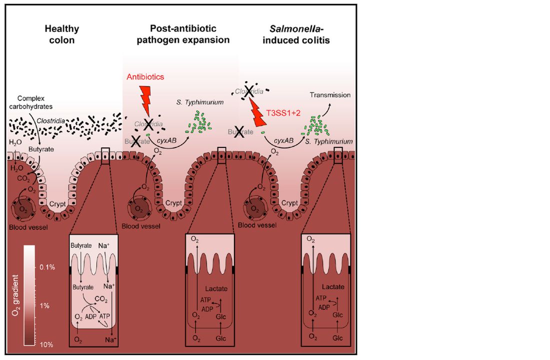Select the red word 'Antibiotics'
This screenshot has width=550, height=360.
pyautogui.click(x=145, y=77)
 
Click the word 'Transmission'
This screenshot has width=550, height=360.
pyautogui.click(x=330, y=94)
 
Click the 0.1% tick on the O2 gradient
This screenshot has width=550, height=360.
pyautogui.click(x=47, y=267)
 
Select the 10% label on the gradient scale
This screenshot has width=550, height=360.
pyautogui.click(x=46, y=344)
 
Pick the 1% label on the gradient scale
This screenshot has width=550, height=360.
pyautogui.click(x=44, y=305)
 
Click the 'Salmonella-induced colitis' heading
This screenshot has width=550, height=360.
pyautogui.click(x=305, y=34)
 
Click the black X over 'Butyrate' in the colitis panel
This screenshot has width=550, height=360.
pyautogui.click(x=239, y=133)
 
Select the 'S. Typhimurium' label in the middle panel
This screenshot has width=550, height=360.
pyautogui.click(x=199, y=102)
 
